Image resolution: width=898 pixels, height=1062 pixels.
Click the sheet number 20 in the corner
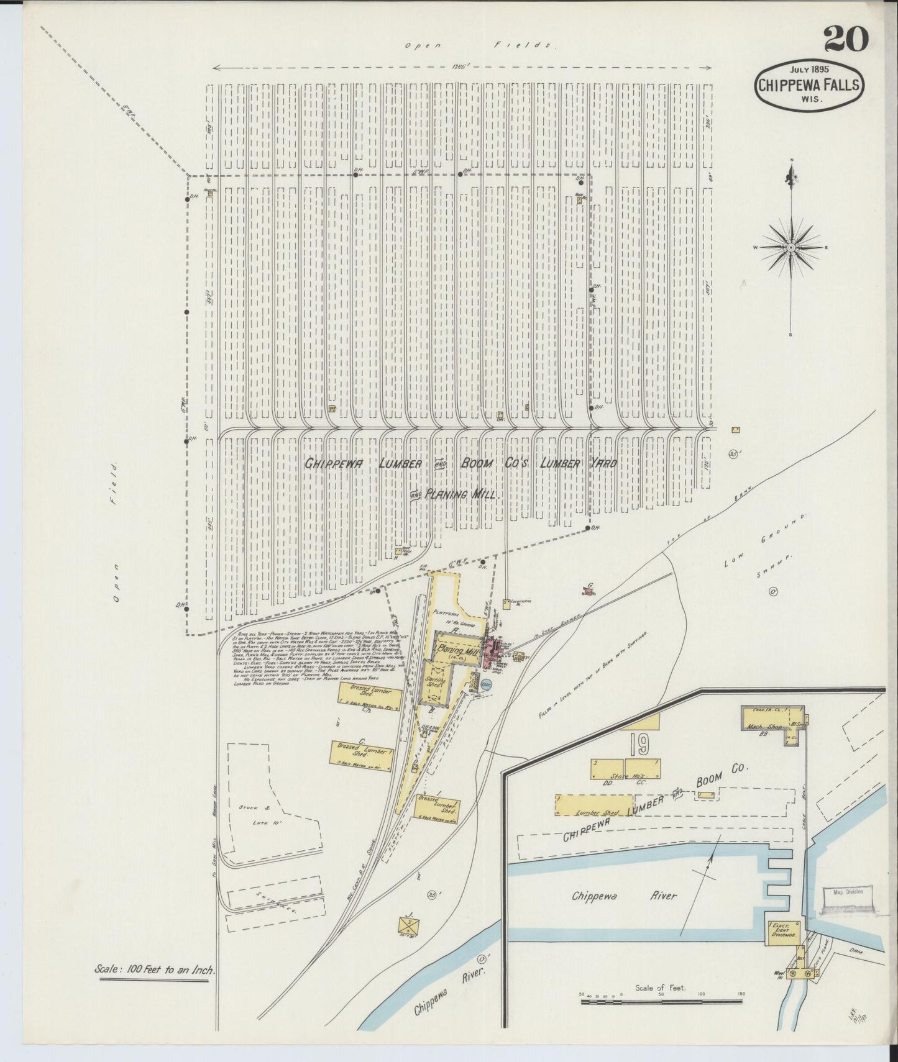coord(846,41)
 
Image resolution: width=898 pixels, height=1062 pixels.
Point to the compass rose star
coord(790,248)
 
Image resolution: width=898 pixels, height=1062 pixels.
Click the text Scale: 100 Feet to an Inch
coord(153,968)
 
